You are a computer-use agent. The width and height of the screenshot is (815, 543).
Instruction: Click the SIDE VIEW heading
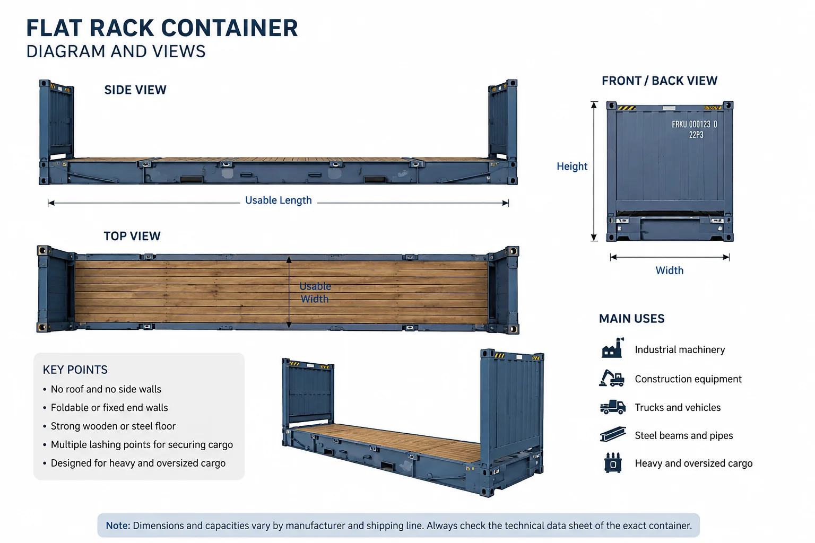point(135,90)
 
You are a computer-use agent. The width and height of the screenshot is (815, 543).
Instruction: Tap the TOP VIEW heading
point(132,236)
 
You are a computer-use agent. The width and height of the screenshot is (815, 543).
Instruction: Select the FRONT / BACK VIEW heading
point(660,81)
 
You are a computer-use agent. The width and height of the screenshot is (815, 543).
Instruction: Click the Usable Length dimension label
point(279,200)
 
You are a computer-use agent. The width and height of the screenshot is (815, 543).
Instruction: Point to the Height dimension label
point(572,166)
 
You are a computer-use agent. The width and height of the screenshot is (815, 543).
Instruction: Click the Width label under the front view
point(670,270)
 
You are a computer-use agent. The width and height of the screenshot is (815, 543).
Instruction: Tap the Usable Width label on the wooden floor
point(315,292)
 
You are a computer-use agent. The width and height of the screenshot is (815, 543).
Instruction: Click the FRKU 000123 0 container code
point(694,125)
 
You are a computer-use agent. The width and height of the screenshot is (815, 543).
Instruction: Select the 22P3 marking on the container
point(696,135)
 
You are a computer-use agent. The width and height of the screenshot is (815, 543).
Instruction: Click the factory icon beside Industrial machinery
point(612,348)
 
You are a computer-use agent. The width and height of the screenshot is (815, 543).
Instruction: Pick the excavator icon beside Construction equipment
point(612,378)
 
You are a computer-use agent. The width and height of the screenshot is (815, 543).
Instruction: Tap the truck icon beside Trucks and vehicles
point(613,407)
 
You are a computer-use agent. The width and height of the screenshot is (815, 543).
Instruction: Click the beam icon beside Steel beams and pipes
point(613,434)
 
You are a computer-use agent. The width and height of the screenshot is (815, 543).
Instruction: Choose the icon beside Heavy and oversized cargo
point(613,462)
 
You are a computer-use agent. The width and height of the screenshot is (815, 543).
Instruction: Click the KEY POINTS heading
point(75,370)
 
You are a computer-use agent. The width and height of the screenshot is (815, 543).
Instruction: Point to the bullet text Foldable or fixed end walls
point(109,408)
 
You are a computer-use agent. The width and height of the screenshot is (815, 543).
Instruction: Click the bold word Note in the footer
point(118,526)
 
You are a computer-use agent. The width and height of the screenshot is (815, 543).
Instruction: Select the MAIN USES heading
point(631,319)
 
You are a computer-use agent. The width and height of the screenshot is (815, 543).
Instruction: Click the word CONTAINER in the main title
point(229,28)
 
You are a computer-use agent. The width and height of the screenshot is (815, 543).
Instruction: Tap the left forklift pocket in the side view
point(192,179)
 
